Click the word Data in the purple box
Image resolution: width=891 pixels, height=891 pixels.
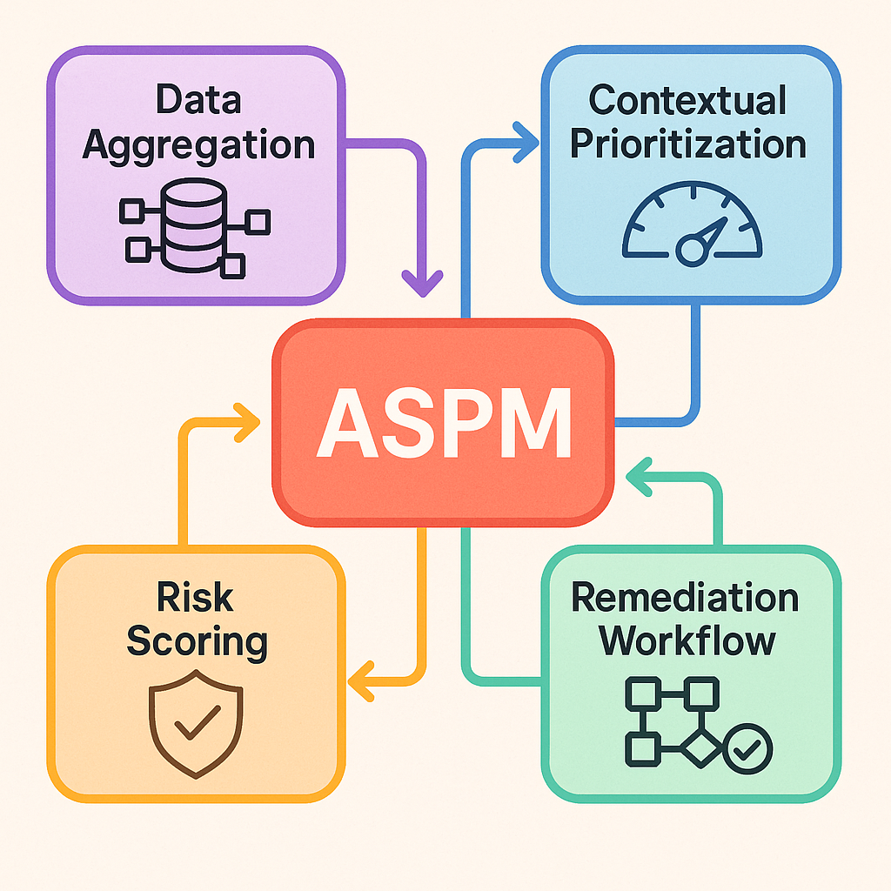[x=198, y=102]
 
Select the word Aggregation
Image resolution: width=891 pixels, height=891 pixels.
[x=198, y=144]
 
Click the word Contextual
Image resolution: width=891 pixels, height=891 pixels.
[x=687, y=101]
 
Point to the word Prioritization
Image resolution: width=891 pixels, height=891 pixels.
[x=687, y=144]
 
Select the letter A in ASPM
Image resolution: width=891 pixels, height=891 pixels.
[x=346, y=424]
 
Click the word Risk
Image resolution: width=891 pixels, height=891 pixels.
[x=196, y=598]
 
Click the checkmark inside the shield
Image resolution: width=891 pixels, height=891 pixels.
[x=197, y=724]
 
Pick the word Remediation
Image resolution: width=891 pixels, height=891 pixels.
[x=686, y=598]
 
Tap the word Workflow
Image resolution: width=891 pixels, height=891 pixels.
[x=687, y=641]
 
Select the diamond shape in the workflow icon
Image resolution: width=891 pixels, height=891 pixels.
[x=700, y=747]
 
